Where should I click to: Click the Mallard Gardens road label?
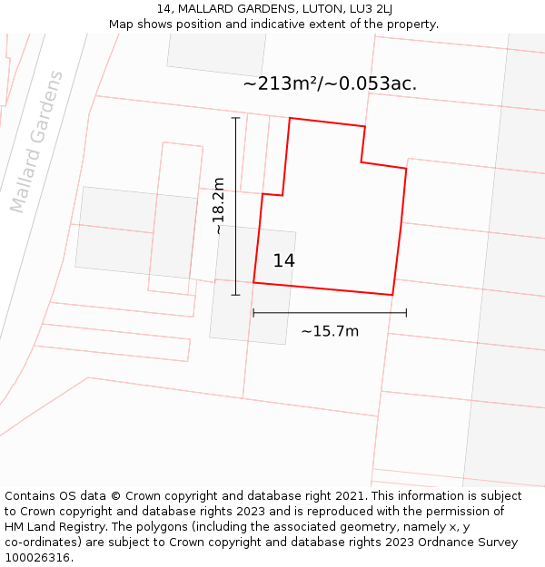(x=37, y=142)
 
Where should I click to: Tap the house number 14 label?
(x=283, y=261)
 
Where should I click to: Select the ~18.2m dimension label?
(x=219, y=207)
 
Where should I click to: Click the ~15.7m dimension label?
(x=330, y=331)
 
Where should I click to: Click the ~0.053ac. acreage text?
(x=372, y=84)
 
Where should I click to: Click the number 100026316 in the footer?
(x=37, y=558)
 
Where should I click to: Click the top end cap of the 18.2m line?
(x=236, y=118)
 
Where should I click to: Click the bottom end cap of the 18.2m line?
(x=236, y=295)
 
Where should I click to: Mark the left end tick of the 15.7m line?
(x=253, y=312)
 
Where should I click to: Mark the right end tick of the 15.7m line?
(x=406, y=312)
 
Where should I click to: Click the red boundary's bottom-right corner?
(x=392, y=295)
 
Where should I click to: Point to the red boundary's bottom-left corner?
(x=253, y=283)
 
